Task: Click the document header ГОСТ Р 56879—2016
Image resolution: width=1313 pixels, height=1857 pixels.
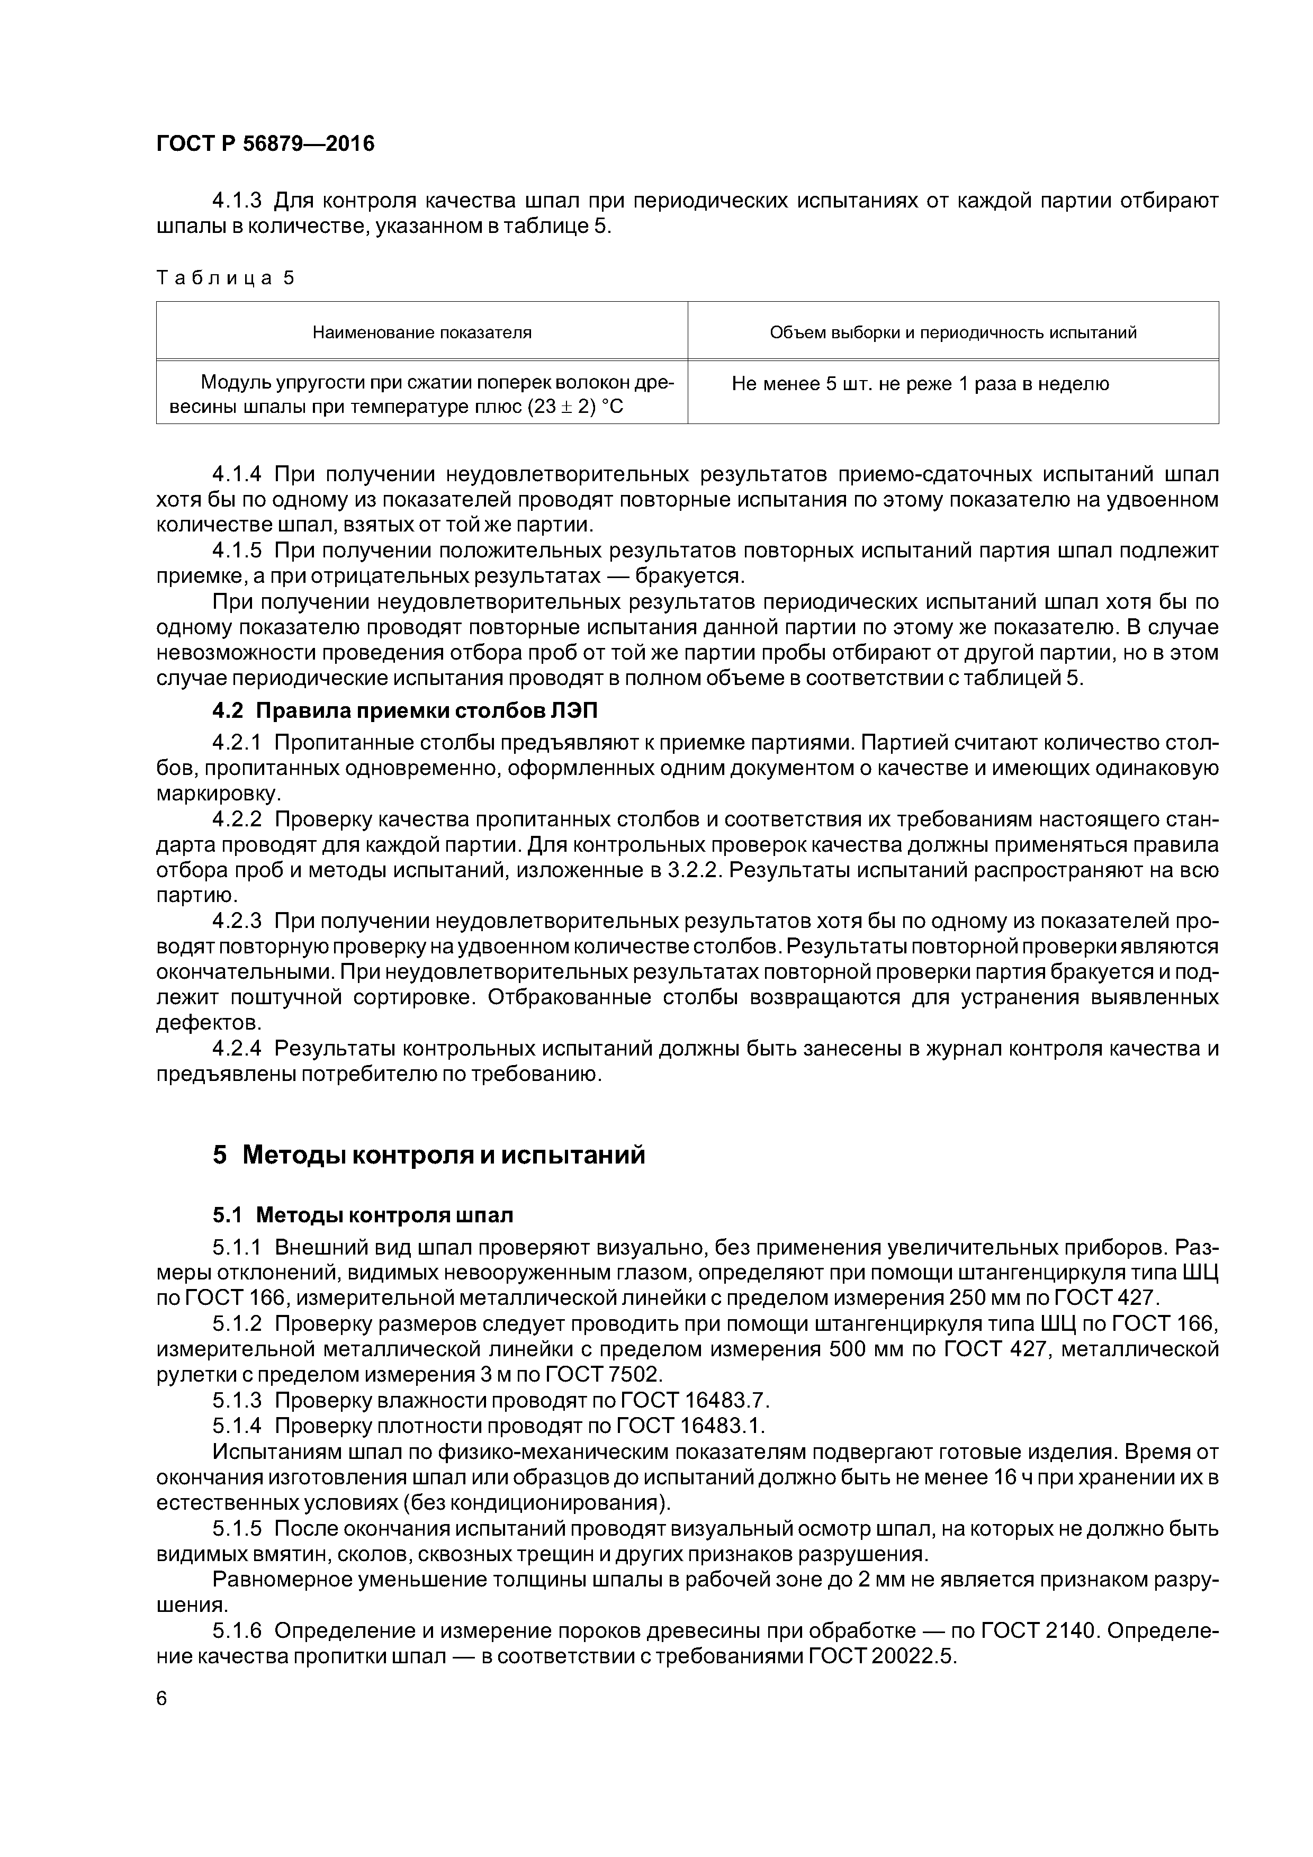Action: tap(265, 145)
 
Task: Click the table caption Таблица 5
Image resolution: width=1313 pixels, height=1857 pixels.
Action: tap(226, 278)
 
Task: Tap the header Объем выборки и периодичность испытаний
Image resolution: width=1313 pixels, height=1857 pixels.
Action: tap(953, 332)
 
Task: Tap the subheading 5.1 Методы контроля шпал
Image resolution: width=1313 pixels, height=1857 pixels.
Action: tap(363, 1215)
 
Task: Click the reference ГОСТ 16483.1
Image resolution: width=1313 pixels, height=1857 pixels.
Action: tap(690, 1425)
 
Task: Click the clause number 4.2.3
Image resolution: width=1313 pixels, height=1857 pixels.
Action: tap(237, 921)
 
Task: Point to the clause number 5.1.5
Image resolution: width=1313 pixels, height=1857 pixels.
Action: tap(237, 1529)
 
